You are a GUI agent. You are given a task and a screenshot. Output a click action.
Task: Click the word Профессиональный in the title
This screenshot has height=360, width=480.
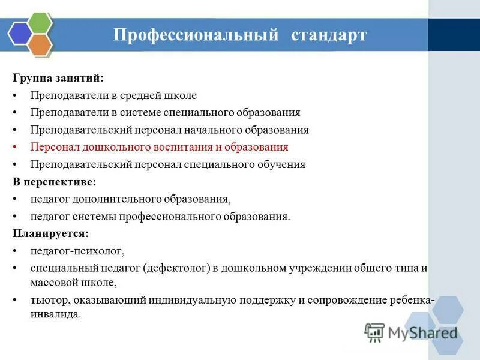coord(196,35)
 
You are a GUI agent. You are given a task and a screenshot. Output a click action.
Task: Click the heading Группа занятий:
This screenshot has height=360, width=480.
coord(58,78)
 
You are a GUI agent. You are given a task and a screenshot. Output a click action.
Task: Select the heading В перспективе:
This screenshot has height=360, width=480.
coord(55,181)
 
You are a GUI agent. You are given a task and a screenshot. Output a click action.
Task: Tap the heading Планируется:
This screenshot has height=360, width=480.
coord(50,233)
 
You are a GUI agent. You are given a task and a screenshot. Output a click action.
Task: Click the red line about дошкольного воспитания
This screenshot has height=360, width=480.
coord(160,147)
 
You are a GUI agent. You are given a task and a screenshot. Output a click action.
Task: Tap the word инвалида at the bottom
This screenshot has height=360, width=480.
coord(55,314)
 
